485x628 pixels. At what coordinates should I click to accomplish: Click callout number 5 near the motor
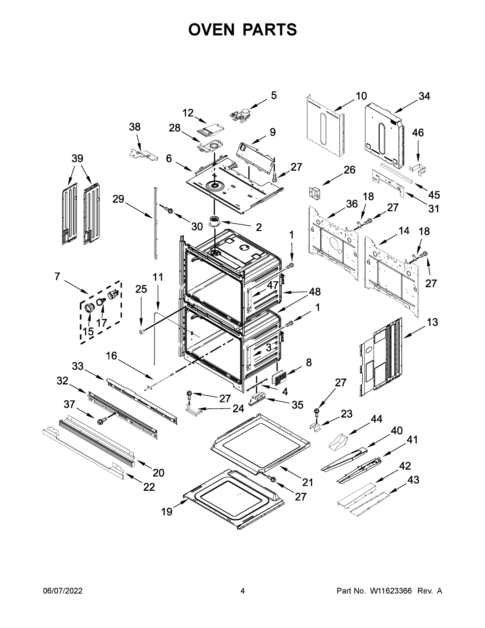(x=273, y=96)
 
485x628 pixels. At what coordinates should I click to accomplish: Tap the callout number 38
(x=134, y=127)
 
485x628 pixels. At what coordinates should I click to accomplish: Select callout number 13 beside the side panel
(x=432, y=322)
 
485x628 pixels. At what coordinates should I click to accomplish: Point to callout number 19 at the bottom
(x=167, y=512)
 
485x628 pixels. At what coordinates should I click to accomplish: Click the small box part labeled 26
(x=315, y=192)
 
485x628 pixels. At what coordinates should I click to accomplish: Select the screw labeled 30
(x=168, y=210)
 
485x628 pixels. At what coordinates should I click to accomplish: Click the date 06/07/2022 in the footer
(x=63, y=591)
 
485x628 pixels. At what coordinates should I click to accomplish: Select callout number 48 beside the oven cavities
(x=315, y=291)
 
